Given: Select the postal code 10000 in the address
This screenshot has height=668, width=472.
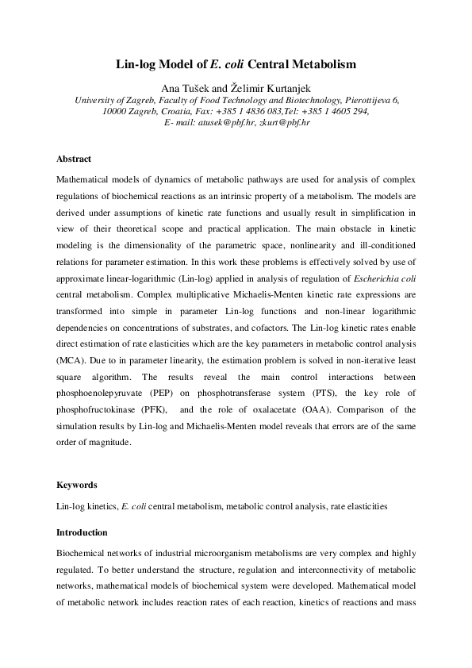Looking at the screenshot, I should pos(117,112).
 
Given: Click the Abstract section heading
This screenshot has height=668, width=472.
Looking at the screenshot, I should pos(74,159).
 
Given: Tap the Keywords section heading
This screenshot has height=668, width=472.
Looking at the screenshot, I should pos(78,484).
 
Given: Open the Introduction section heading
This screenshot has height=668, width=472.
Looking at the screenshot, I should pos(83,532).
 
